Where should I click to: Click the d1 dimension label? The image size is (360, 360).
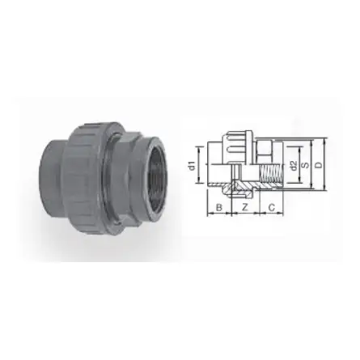pos(191,165)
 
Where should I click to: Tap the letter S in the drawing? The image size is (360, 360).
pos(305,165)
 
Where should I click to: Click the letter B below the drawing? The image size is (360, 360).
pos(218,209)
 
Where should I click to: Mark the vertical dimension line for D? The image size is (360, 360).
pos(324,165)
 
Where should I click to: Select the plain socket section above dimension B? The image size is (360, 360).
pos(217,166)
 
